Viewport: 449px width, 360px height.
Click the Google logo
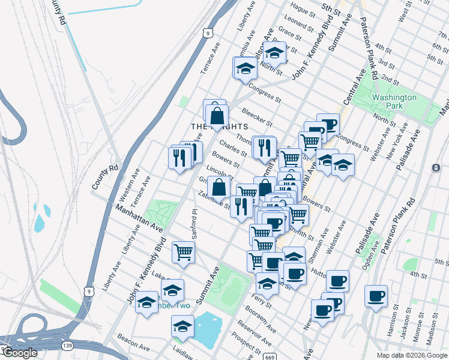click(x=20, y=353)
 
